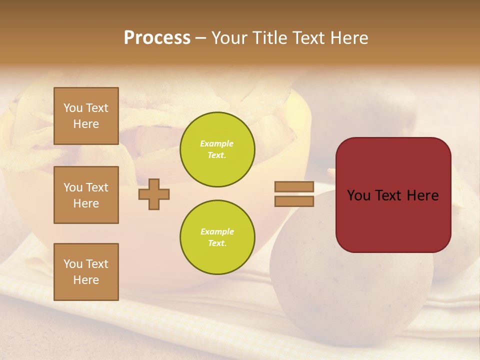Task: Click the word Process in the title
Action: point(157,38)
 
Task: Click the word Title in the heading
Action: point(270,38)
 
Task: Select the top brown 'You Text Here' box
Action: point(86,116)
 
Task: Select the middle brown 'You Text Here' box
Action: point(86,195)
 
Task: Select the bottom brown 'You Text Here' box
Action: point(86,272)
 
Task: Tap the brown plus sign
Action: point(154,194)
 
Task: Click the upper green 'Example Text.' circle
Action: point(217,149)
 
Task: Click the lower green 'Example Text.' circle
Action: point(217,237)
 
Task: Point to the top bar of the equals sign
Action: point(294,186)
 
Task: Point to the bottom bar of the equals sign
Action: point(294,201)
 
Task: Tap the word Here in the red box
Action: point(422,195)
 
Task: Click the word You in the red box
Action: point(359,195)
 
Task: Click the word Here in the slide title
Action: point(348,38)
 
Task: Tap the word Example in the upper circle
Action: point(216,144)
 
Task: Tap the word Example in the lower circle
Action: point(217,232)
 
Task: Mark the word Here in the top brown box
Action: point(86,124)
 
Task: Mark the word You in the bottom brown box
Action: point(72,264)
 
